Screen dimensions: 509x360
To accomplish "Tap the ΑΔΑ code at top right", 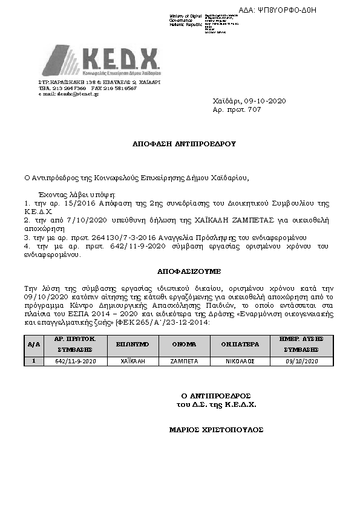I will (x=286, y=10).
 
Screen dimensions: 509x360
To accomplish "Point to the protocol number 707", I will (x=255, y=109).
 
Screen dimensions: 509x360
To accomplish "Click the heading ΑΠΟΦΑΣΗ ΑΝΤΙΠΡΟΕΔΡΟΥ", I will (x=184, y=144).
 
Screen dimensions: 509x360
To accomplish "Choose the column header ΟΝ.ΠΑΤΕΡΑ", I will (x=240, y=344).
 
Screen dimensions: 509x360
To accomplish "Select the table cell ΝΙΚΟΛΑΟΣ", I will (x=240, y=361).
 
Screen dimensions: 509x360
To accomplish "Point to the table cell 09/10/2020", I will (x=301, y=361).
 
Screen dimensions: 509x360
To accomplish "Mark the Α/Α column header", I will (x=34, y=344).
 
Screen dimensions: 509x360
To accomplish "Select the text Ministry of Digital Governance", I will (x=187, y=19).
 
